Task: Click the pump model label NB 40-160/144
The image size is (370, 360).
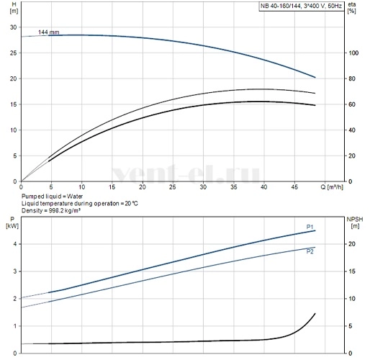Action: (x=281, y=6)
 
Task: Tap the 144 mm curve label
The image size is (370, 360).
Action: (x=48, y=32)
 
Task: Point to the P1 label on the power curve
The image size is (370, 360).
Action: (x=310, y=227)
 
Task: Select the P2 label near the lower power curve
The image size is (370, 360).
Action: (x=310, y=251)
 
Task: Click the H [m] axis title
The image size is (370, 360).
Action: (x=14, y=8)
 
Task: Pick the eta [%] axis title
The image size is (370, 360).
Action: (x=352, y=8)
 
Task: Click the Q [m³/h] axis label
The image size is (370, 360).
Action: (x=332, y=186)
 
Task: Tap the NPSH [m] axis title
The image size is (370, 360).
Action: (x=355, y=222)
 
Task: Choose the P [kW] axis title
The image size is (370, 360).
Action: (x=12, y=222)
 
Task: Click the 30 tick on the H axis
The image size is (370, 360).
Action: (x=14, y=27)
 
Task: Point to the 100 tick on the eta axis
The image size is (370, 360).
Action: (x=353, y=53)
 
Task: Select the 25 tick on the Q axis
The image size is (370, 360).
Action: (x=173, y=186)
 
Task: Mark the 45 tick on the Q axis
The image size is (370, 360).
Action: (x=294, y=186)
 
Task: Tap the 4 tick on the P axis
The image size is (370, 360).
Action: (x=15, y=244)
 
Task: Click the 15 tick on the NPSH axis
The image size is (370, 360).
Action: (x=352, y=271)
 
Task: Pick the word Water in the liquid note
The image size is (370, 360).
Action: (x=75, y=197)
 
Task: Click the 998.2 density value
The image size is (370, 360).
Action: (x=57, y=210)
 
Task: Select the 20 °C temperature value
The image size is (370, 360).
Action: (x=131, y=204)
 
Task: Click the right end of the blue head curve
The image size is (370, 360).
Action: (x=315, y=77)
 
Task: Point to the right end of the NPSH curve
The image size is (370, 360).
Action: (x=315, y=313)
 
